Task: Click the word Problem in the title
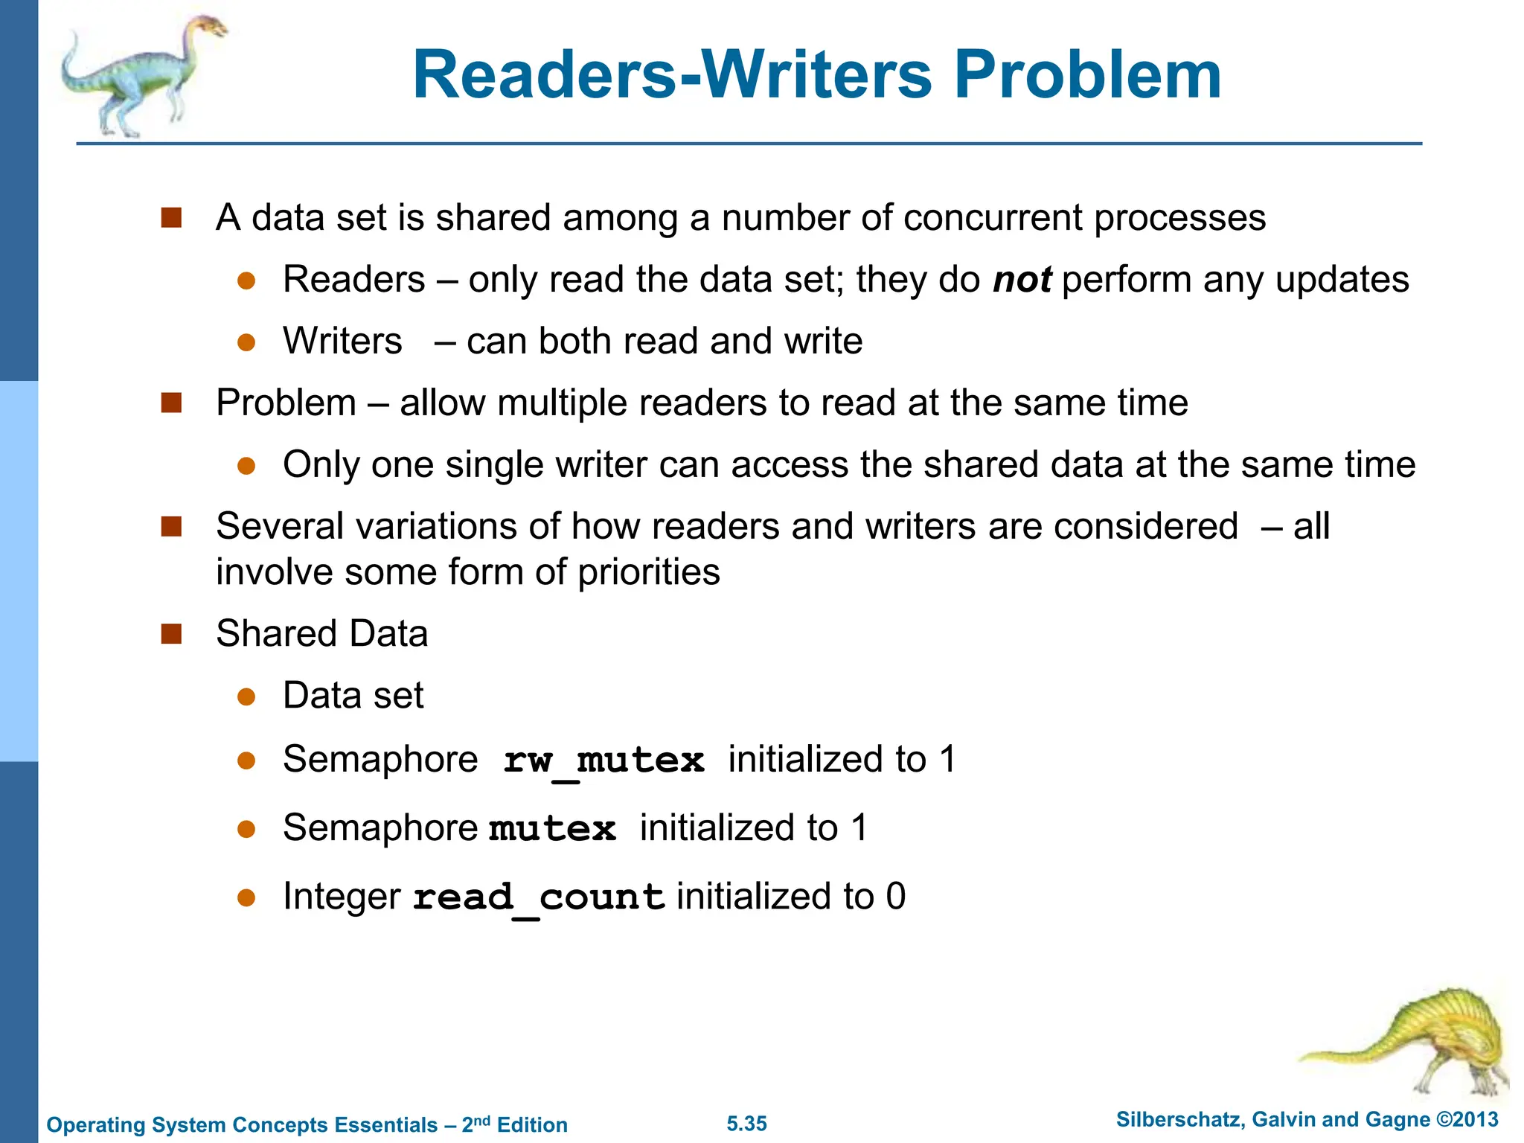pos(1087,75)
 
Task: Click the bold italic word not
pos(1022,280)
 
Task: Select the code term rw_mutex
pos(603,761)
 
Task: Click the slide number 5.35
pos(746,1124)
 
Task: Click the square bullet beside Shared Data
pos(172,634)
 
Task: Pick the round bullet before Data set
pos(246,697)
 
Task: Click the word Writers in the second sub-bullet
pos(342,342)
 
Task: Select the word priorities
pos(649,572)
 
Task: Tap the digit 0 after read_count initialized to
pos(896,896)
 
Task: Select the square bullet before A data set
pos(172,218)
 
